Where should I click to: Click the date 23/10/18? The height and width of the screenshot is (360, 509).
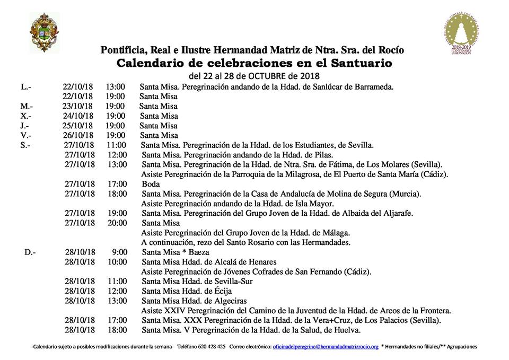tap(77, 106)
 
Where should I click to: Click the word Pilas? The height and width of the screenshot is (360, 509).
tap(321, 155)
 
